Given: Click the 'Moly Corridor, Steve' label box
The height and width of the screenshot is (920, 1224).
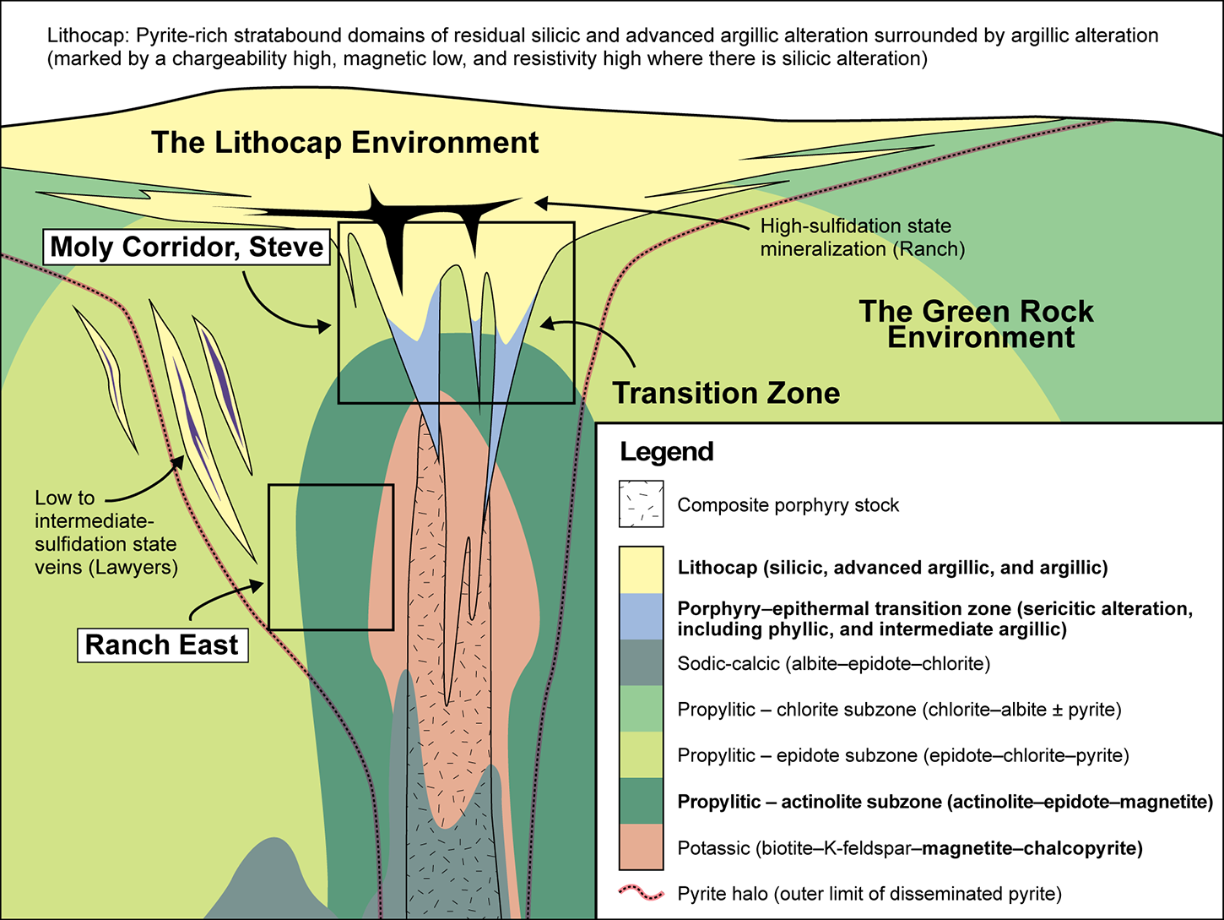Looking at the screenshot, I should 187,247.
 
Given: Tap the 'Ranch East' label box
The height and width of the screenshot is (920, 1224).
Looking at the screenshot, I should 162,645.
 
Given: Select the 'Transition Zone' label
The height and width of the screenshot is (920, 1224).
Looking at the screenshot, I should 726,393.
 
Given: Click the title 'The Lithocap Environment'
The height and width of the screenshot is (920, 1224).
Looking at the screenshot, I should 344,142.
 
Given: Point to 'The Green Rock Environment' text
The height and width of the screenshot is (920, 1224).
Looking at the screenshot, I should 977,324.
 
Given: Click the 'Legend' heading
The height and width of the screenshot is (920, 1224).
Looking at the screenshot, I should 667,452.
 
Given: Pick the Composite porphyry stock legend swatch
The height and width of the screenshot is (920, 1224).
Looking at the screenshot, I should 641,504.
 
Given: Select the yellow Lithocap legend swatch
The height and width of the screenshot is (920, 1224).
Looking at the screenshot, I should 641,568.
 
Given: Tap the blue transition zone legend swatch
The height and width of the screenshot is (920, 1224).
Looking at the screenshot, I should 641,617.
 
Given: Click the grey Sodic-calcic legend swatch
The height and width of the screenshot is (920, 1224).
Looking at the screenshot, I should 641,663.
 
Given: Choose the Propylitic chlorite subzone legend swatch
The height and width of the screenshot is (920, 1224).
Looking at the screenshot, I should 641,709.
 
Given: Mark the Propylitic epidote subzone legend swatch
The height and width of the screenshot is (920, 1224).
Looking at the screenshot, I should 641,754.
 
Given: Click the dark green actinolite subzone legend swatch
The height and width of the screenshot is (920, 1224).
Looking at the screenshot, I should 641,801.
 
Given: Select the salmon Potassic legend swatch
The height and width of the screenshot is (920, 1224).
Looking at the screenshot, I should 641,847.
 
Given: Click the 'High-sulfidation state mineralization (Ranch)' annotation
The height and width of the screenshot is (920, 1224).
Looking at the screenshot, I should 861,237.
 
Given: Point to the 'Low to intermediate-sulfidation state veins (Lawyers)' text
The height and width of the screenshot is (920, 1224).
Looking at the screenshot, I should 106,532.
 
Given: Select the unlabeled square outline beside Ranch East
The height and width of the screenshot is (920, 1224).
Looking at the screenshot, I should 331,558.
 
